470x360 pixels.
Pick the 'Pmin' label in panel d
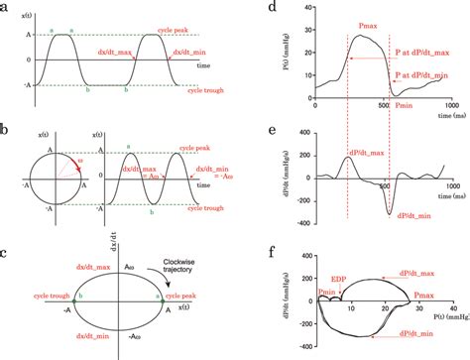(403, 102)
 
